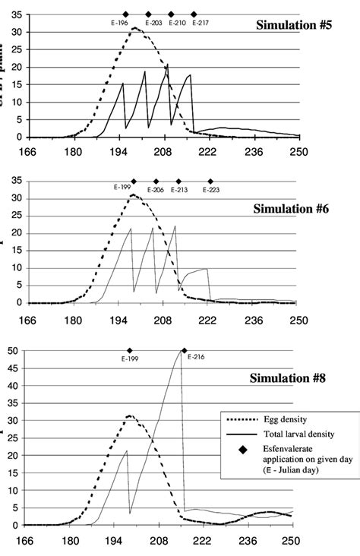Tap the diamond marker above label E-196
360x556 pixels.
pos(126,14)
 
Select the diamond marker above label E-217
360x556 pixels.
pos(194,14)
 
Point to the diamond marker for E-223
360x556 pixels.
pos(211,182)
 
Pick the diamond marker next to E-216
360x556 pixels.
pos(185,350)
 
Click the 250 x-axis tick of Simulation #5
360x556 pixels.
pos(298,150)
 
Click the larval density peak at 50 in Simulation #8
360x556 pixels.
pos(182,351)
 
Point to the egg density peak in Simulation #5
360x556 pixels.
pos(134,28)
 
